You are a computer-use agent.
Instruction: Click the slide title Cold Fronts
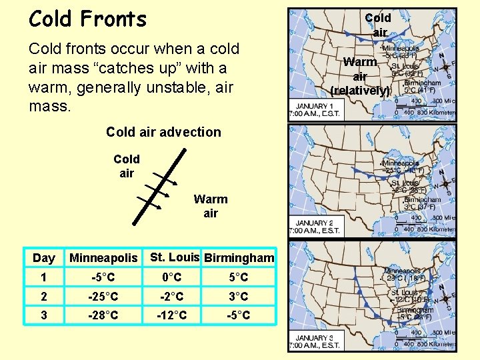pos(87,19)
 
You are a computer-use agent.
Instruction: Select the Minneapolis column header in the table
pos(103,258)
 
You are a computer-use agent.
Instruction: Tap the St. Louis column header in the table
pos(175,257)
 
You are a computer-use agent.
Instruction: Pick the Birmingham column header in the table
pos(239,258)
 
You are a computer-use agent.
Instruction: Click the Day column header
pos(44,258)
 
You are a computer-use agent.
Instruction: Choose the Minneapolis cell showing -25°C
pos(103,296)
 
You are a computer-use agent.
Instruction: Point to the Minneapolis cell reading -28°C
pos(103,315)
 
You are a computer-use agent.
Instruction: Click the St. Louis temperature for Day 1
pos(172,277)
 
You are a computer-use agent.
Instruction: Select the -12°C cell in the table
pos(172,315)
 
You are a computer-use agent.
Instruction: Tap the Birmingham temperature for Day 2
pos(238,296)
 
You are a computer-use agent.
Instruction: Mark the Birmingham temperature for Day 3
pos(238,315)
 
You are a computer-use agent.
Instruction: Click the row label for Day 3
pos(43,315)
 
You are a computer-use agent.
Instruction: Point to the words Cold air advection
pos(163,132)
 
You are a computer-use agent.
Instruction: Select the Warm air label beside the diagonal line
pos(210,206)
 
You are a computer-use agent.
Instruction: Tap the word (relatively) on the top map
pos(360,91)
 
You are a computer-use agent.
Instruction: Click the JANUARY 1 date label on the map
pos(314,107)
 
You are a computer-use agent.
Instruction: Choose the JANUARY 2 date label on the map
pos(314,223)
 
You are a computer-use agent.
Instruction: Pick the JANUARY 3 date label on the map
pos(314,338)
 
